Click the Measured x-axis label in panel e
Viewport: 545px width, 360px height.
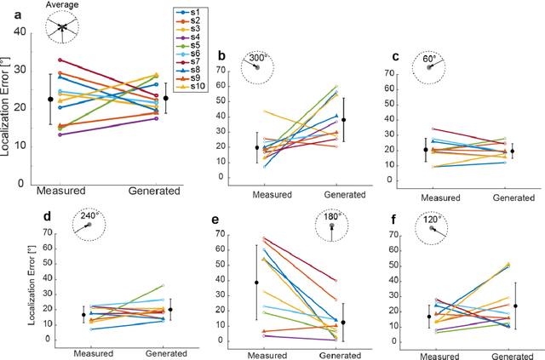[266, 352]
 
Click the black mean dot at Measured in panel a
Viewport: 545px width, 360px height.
[50, 100]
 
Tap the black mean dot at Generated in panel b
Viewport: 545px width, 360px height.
[343, 121]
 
